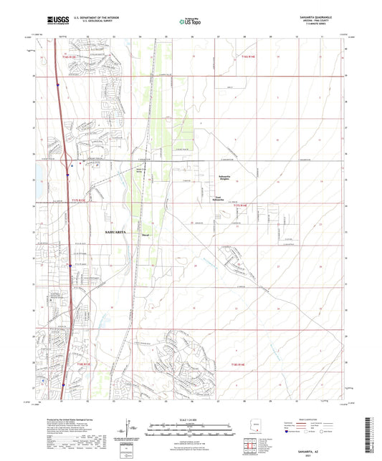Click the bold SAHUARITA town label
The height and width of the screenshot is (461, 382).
pos(119,233)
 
